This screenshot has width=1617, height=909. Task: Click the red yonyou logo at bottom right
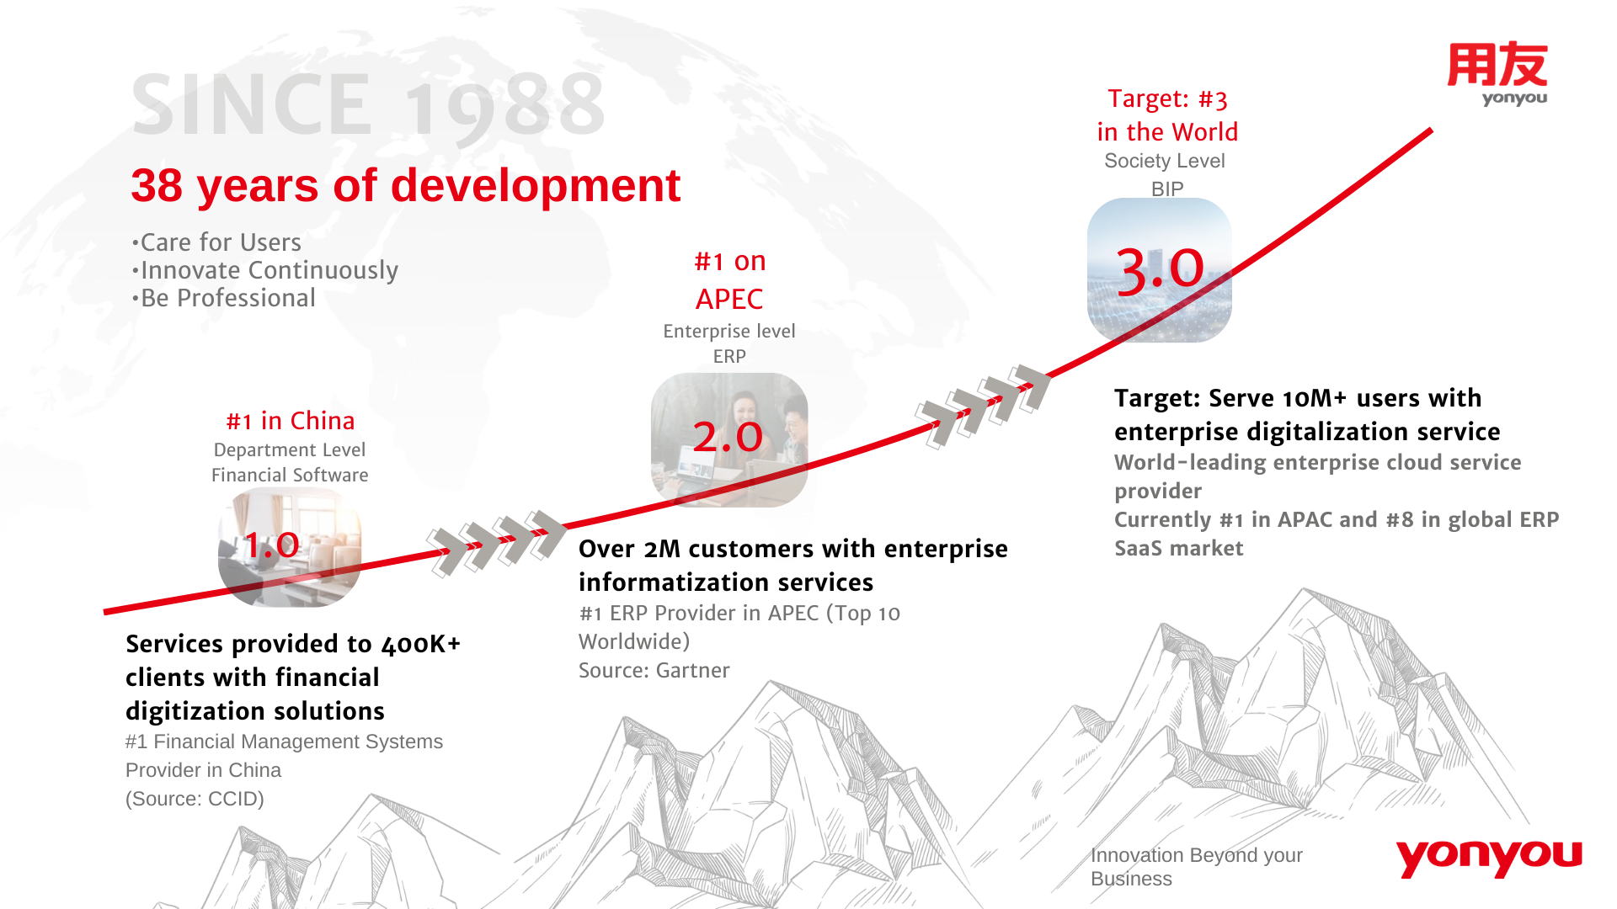1489,858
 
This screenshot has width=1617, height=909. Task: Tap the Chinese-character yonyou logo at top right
1497,74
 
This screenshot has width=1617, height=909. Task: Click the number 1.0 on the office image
271,545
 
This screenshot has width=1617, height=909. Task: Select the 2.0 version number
728,437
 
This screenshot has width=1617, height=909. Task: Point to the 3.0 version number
1161,270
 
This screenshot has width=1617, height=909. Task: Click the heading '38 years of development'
405,185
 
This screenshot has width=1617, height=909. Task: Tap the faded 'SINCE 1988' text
368,104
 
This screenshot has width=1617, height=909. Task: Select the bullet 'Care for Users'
216,242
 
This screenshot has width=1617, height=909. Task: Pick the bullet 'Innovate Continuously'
265,270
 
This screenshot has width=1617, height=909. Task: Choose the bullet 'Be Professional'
223,298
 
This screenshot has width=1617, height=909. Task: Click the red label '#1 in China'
291,421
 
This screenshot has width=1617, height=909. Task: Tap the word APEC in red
729,299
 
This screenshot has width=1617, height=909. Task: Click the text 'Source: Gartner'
654,670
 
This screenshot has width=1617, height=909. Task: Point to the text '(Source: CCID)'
195,799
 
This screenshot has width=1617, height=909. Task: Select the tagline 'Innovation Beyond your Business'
1197,867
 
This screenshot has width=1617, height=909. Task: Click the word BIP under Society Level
1167,189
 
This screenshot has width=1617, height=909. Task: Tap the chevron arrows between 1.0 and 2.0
497,544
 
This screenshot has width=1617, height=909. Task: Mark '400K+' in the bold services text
421,644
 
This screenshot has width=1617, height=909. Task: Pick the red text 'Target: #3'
1167,98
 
